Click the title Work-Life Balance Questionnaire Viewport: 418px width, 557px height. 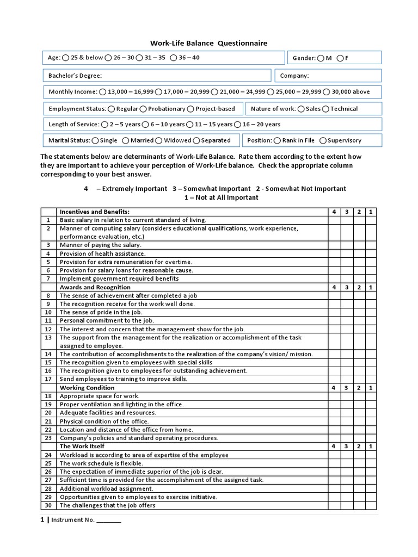click(209, 43)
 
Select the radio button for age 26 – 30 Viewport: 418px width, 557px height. click(109, 58)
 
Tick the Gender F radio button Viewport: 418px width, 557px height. click(340, 58)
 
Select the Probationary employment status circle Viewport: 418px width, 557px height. click(144, 109)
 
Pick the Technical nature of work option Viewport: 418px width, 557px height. click(325, 109)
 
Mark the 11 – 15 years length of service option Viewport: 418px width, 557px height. click(190, 125)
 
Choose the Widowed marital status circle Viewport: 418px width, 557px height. click(159, 140)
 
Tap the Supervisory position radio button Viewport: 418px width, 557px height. click(323, 140)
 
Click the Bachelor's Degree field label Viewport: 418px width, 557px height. click(76, 76)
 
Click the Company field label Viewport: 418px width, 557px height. click(294, 76)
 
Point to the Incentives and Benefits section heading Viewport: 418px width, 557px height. click(95, 212)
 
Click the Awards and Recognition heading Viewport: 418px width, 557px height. click(95, 287)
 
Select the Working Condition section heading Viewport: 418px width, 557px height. click(87, 388)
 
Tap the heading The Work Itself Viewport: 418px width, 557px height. click(82, 447)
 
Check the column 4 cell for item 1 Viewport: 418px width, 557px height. click(335, 220)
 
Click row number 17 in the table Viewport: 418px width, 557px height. click(48, 379)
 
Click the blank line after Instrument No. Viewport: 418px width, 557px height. click(109, 521)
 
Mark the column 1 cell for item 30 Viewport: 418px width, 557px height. click(371, 505)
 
